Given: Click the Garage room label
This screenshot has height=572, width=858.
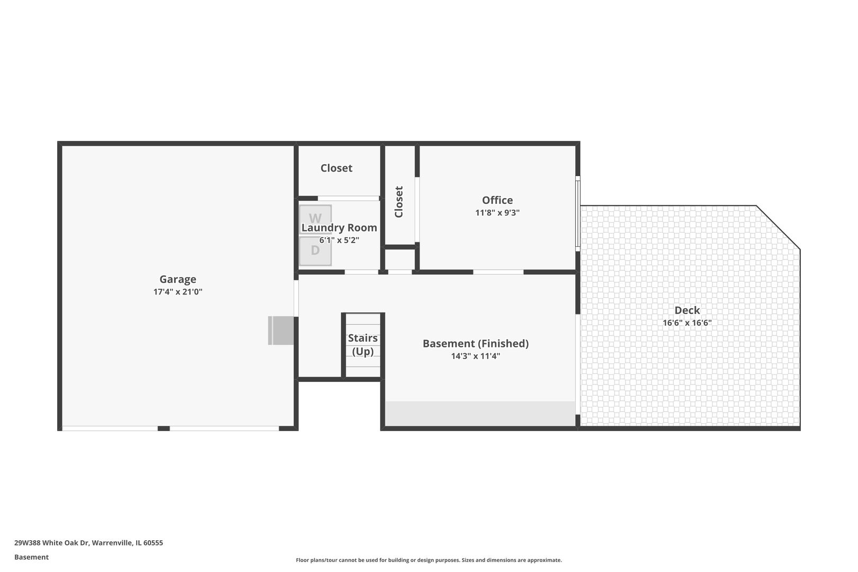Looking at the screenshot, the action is pos(178,279).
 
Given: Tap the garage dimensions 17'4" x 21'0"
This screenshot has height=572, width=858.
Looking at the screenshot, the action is pos(178,292).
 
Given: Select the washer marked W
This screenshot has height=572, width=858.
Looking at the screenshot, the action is pos(315,219).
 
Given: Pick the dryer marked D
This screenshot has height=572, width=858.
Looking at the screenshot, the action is pos(315,251).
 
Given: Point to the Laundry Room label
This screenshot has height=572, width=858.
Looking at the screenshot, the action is pos(339,228).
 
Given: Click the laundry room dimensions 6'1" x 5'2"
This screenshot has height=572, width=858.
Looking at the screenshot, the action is pos(339,240).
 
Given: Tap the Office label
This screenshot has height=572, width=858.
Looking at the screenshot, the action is pos(497,200).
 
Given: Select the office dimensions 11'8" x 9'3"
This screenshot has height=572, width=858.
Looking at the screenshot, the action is pos(497,212).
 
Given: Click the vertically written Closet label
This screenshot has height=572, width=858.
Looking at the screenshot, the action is pos(399,202).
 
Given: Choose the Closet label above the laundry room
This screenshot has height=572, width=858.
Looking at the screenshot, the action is pos(336,168).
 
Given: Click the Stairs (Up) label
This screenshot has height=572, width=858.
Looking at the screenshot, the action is pos(363,344).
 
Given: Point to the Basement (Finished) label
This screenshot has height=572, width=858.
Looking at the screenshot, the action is pos(476,343).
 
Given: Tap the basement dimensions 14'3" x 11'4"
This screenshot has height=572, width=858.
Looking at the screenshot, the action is pos(476,356).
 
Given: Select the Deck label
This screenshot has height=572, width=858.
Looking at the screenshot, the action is pos(687,310).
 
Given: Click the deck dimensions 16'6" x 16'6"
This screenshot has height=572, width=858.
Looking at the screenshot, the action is pos(687,323).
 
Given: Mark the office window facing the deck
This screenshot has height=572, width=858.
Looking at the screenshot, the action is pos(578,214).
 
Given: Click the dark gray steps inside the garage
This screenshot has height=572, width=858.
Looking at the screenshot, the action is pos(281,330).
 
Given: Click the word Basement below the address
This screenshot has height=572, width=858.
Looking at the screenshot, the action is pos(31,558).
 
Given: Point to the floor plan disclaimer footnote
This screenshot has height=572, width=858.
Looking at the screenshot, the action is pos(428,560).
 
